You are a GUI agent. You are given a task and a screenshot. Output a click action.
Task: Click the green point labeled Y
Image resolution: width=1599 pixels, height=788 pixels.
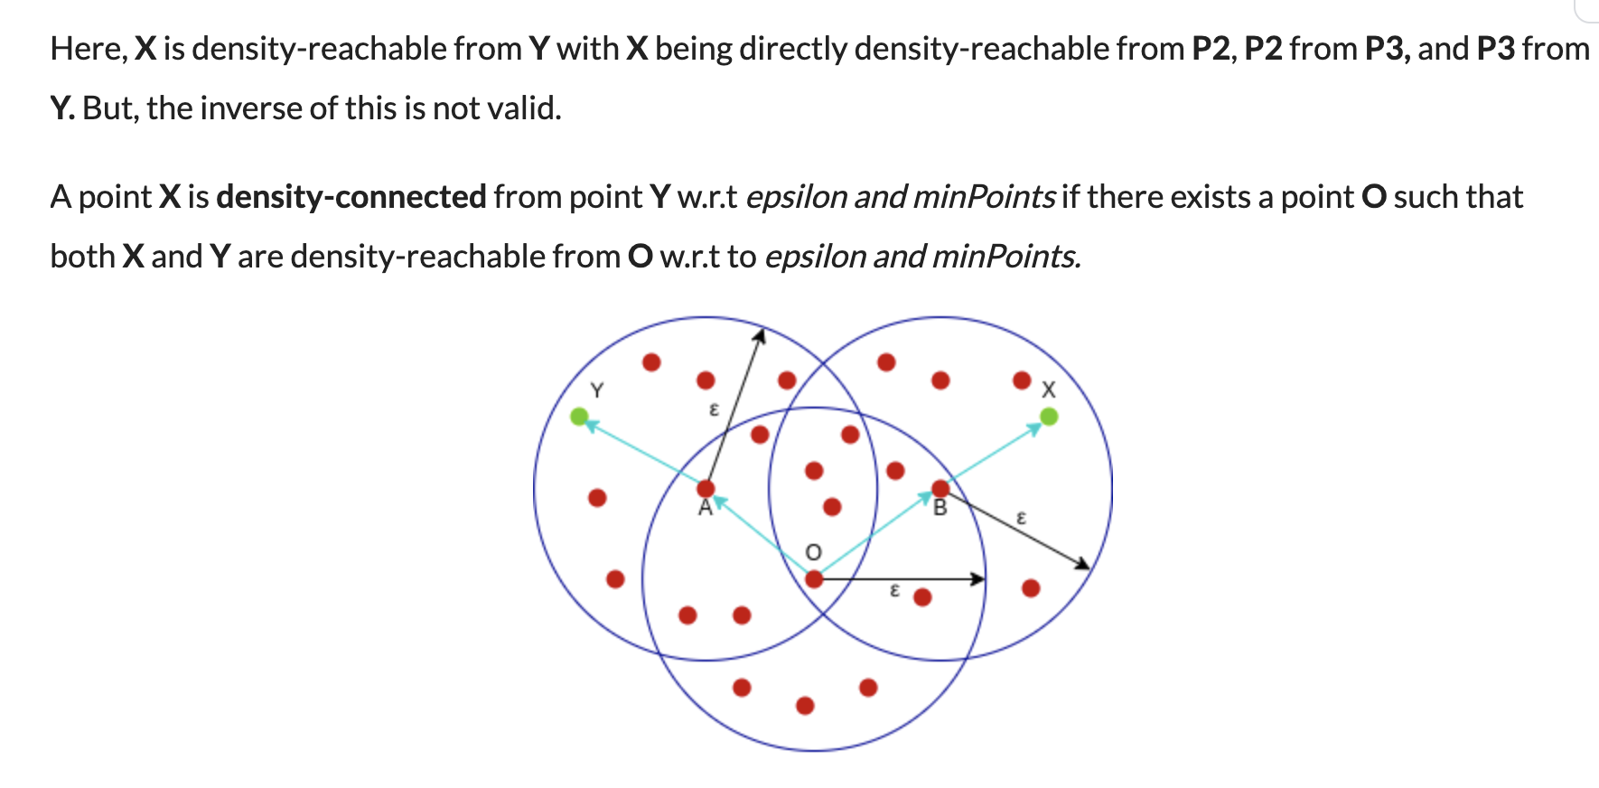[x=579, y=417]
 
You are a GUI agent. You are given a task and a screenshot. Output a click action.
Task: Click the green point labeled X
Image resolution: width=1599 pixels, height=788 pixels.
[x=1048, y=417]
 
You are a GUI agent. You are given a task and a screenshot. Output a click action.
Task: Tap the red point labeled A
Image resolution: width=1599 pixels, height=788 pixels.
[x=706, y=489]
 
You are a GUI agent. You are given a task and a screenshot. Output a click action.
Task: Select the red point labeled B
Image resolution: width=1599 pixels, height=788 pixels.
[x=940, y=489]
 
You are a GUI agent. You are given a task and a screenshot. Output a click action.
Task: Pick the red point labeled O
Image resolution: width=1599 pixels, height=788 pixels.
[x=814, y=579]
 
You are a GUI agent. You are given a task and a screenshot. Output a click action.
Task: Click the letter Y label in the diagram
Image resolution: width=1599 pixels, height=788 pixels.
[x=596, y=390]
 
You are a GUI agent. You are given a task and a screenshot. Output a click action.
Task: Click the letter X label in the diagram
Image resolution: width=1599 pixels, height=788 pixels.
[x=1048, y=390]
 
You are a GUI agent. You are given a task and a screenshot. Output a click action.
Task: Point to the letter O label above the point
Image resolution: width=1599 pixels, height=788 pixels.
[x=813, y=552]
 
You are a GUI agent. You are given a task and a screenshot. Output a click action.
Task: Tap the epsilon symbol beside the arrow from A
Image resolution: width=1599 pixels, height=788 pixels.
[x=714, y=410]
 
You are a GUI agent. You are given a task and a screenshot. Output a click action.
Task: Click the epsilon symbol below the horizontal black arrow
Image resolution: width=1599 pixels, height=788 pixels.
[x=894, y=591]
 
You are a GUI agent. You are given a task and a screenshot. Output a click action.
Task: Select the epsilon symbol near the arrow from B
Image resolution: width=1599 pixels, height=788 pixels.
[x=1022, y=518]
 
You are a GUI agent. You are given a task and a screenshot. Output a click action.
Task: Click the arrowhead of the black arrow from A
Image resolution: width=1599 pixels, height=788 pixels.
[x=760, y=336]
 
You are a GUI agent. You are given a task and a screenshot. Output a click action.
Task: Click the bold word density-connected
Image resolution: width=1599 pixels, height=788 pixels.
[x=351, y=197]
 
